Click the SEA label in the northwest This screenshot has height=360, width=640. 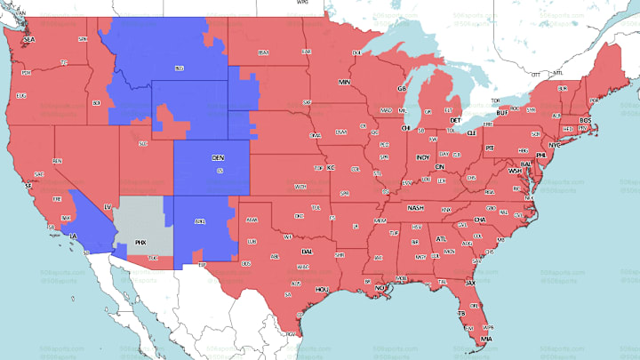[x=28, y=40]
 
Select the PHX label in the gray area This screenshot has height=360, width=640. [x=140, y=241]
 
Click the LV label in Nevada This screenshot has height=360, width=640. [x=108, y=206]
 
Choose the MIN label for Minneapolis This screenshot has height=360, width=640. [x=345, y=82]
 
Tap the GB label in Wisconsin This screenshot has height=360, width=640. [x=401, y=89]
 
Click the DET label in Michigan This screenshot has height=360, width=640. [x=456, y=119]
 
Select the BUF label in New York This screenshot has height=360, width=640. [x=502, y=113]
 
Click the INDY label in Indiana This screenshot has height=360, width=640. [x=422, y=157]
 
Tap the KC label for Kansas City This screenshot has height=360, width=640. [x=330, y=166]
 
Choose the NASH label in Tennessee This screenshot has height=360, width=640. [x=415, y=207]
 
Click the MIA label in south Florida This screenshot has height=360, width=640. [x=484, y=339]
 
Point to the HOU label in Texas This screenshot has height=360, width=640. [x=322, y=289]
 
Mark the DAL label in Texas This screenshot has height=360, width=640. [x=307, y=252]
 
